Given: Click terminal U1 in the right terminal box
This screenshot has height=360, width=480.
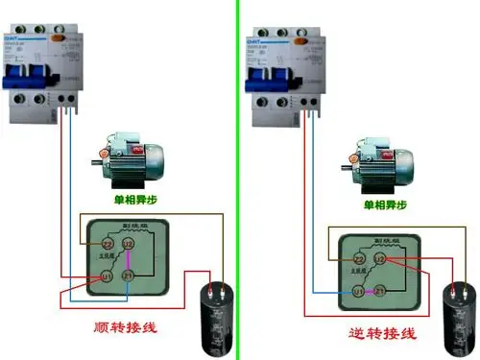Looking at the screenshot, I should [x=357, y=290].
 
